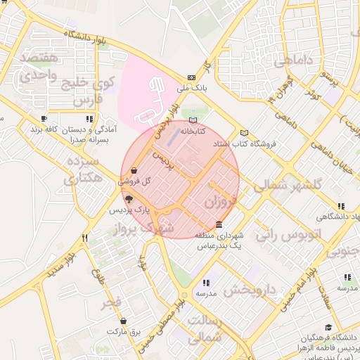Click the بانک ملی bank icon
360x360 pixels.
point(191,78)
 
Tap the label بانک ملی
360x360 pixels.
point(191,89)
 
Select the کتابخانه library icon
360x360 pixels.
point(193,120)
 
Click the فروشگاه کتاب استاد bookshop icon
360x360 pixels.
point(244,133)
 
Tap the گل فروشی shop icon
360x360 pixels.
point(134,169)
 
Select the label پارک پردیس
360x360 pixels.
point(130,210)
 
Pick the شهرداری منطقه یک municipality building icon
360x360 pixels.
point(219,225)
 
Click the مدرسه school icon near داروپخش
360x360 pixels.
point(206,282)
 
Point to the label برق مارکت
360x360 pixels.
point(124,331)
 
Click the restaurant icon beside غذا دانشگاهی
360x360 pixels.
point(341,206)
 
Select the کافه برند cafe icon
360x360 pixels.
point(44,119)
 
